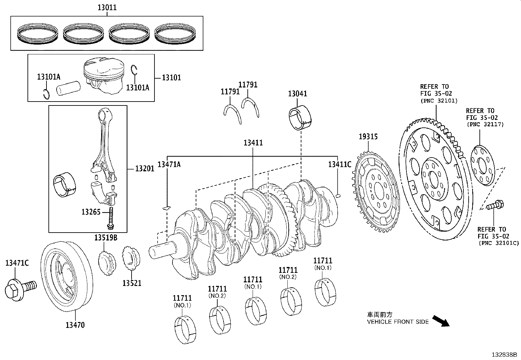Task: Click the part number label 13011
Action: coord(107,7)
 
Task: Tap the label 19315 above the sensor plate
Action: coord(368,137)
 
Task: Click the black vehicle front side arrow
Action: coord(440,321)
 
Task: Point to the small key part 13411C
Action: coord(338,196)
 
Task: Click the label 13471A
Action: coord(169,164)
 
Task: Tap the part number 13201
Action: coord(145,169)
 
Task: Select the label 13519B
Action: coord(106,237)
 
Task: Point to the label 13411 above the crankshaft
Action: coord(253,143)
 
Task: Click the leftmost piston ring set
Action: coord(37,34)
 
